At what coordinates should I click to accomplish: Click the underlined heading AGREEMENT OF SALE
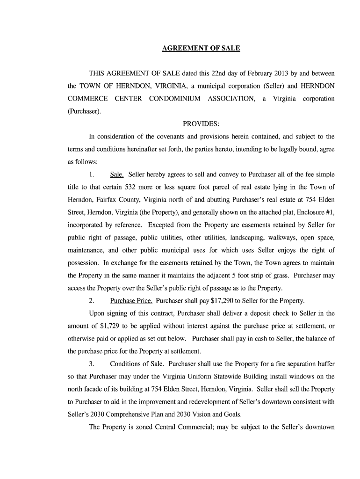point(201,48)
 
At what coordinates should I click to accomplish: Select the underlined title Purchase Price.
point(131,300)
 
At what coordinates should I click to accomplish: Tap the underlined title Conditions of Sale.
point(137,363)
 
